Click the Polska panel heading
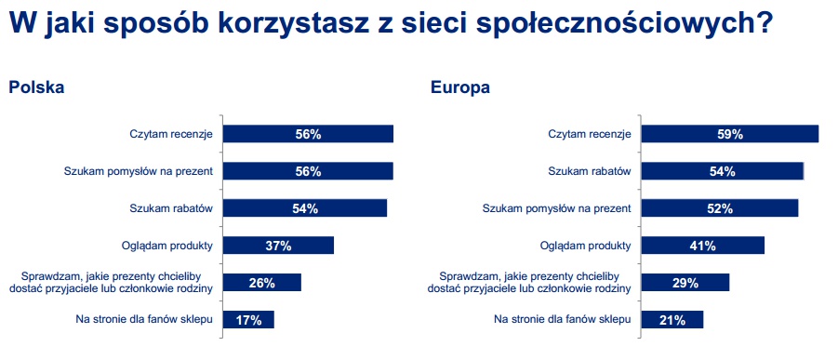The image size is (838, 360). [x=36, y=87]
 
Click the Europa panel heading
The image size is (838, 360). [x=460, y=87]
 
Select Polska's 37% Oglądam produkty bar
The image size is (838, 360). [x=278, y=246]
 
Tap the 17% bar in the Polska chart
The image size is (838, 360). [x=248, y=320]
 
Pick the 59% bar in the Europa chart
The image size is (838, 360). [x=730, y=134]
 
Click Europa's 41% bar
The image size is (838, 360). [x=703, y=246]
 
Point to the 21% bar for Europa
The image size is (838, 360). [x=672, y=320]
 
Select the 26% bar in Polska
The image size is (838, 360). [x=262, y=283]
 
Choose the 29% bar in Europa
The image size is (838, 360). [x=685, y=283]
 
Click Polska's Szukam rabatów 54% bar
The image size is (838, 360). [x=305, y=208]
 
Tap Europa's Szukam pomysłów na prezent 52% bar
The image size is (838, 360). [x=720, y=208]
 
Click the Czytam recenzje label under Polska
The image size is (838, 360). [x=171, y=134]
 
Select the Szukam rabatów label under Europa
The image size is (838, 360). [x=590, y=171]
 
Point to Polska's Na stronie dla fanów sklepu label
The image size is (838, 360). [x=144, y=320]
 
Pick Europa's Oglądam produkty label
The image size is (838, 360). [x=586, y=246]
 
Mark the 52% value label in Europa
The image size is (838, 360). [x=719, y=208]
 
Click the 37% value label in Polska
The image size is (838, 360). [x=278, y=247]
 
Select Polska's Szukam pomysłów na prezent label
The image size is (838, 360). [x=139, y=171]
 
